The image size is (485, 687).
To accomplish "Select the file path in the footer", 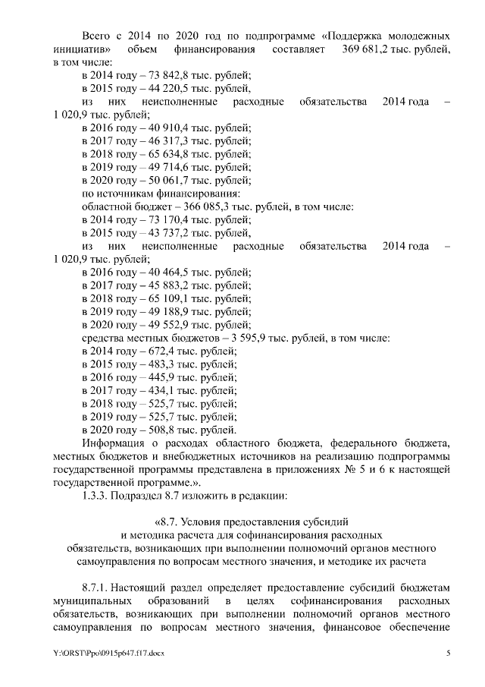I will (109, 653).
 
